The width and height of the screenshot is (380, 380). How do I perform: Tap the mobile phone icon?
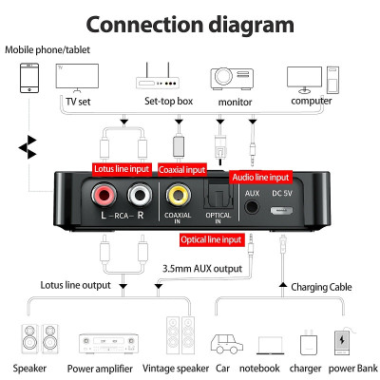click(30, 78)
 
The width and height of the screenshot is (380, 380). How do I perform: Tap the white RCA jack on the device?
click(140, 197)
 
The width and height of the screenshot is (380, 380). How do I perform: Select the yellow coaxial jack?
click(178, 196)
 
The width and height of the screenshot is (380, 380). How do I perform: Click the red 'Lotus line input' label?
click(122, 169)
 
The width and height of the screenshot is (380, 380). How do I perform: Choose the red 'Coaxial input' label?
click(182, 169)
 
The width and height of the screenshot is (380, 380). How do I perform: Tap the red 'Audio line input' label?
click(261, 177)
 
